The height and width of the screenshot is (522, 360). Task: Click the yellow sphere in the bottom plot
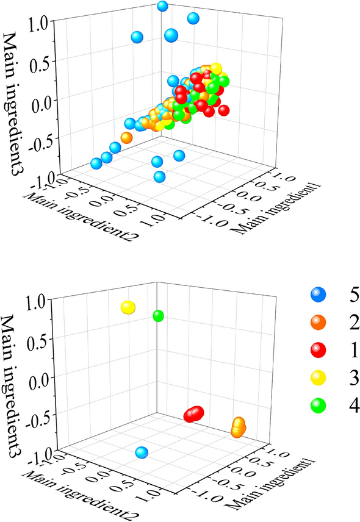click(128, 307)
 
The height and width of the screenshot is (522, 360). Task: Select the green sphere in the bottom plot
click(159, 316)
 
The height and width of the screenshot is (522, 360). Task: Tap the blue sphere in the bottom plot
click(142, 452)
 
